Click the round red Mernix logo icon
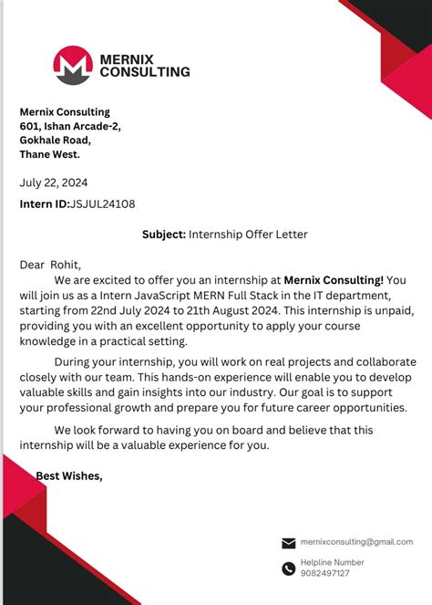pos(73,65)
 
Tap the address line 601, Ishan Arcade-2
pos(70,126)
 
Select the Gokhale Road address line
pos(56,140)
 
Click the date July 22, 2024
pos(54,183)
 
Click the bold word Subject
pos(164,235)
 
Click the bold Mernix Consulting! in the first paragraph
pos(334,280)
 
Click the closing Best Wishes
pos(69,475)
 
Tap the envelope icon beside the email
pos(289,543)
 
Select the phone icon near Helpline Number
pos(289,568)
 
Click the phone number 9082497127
pos(324,574)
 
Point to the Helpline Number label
pos(332,562)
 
